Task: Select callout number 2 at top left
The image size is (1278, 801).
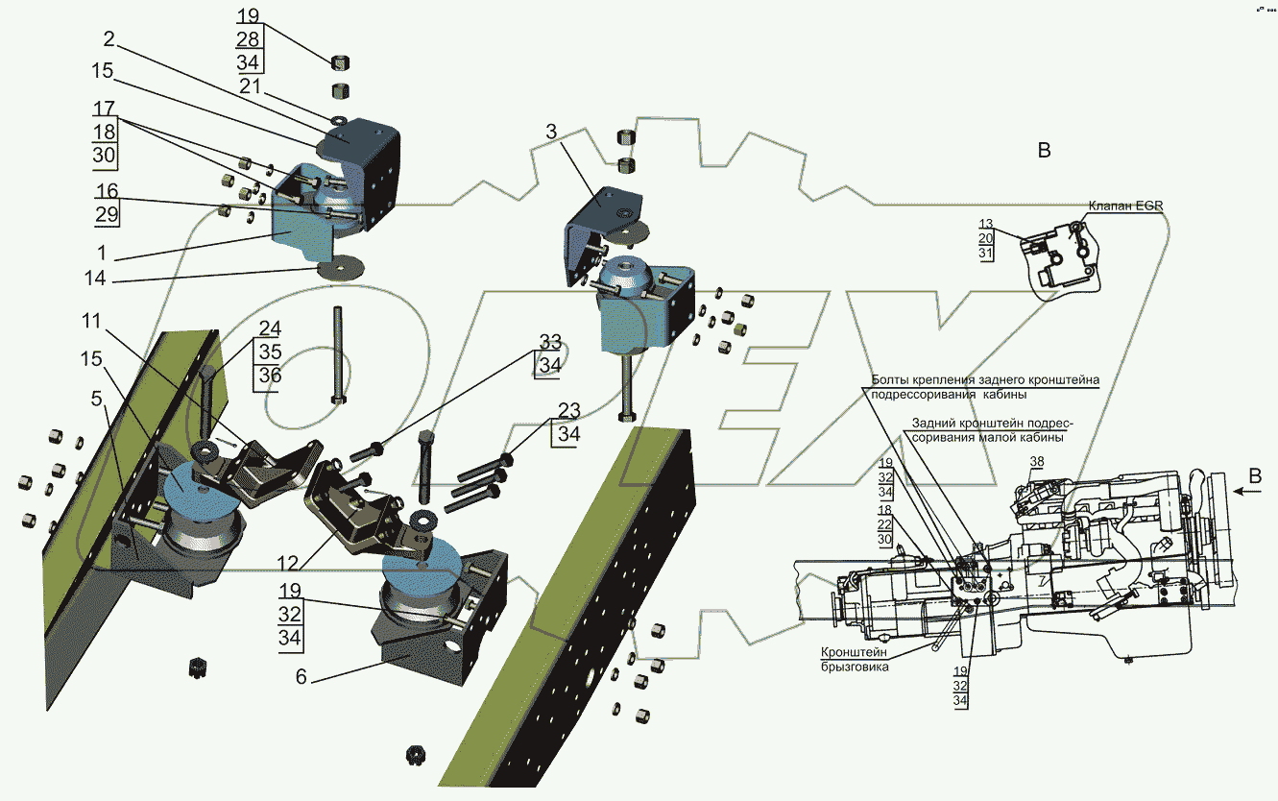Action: (109, 39)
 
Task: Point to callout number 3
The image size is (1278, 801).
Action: (550, 132)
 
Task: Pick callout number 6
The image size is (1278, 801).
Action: (301, 676)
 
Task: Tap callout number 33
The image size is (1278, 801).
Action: (549, 343)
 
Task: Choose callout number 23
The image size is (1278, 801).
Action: (568, 411)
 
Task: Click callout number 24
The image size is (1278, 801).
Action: (270, 328)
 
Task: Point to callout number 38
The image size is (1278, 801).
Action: (1036, 462)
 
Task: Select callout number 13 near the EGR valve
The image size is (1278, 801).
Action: (985, 224)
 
